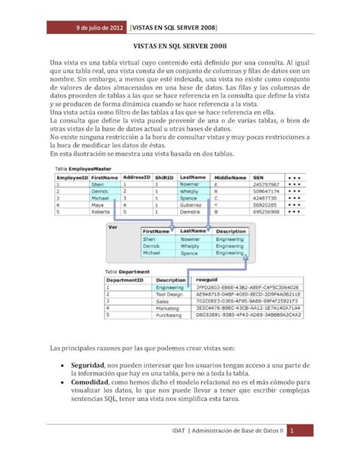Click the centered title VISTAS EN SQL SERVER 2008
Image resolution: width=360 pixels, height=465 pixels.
(x=180, y=46)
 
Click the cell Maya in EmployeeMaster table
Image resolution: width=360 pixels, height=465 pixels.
(x=98, y=204)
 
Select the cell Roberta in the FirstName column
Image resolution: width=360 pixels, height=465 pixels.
(x=102, y=212)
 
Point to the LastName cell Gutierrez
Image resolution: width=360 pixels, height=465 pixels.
(x=192, y=204)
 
